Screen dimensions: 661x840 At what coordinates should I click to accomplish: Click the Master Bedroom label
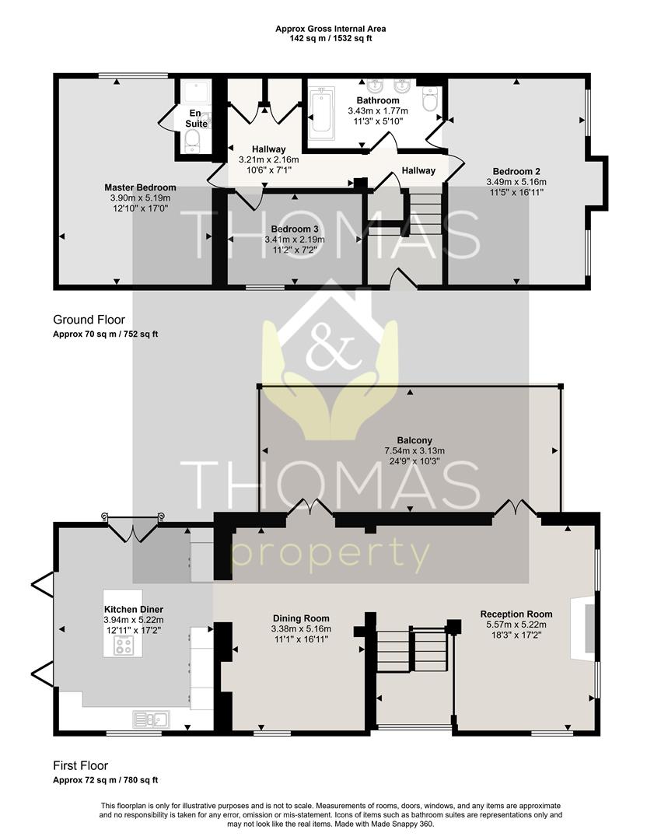tap(140, 187)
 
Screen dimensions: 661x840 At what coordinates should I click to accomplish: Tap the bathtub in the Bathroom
tap(321, 111)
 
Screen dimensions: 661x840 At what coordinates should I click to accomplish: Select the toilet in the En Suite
tap(192, 142)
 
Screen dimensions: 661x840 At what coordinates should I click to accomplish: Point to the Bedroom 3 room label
tap(294, 229)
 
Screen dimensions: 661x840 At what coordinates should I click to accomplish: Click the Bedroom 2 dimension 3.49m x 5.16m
tap(516, 181)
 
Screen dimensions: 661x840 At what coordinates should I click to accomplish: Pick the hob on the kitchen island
tap(123, 646)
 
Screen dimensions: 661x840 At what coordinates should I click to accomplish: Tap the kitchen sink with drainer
tap(151, 719)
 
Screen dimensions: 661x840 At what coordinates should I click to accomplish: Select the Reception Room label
tap(516, 614)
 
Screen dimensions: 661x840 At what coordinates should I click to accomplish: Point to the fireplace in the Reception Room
tap(583, 628)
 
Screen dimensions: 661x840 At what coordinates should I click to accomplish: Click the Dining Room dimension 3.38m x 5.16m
tap(301, 628)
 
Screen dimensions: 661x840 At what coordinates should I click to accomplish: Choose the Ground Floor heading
tap(89, 320)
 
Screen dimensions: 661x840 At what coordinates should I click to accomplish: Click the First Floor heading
tap(80, 765)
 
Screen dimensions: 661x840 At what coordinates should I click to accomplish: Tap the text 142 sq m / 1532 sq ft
tap(330, 38)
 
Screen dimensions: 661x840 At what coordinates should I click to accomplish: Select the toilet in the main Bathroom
tap(430, 99)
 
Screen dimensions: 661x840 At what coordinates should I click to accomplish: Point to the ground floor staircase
tap(422, 213)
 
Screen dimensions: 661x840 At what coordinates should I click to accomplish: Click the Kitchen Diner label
tap(134, 609)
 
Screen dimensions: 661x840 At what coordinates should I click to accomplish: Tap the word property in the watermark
tap(330, 554)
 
